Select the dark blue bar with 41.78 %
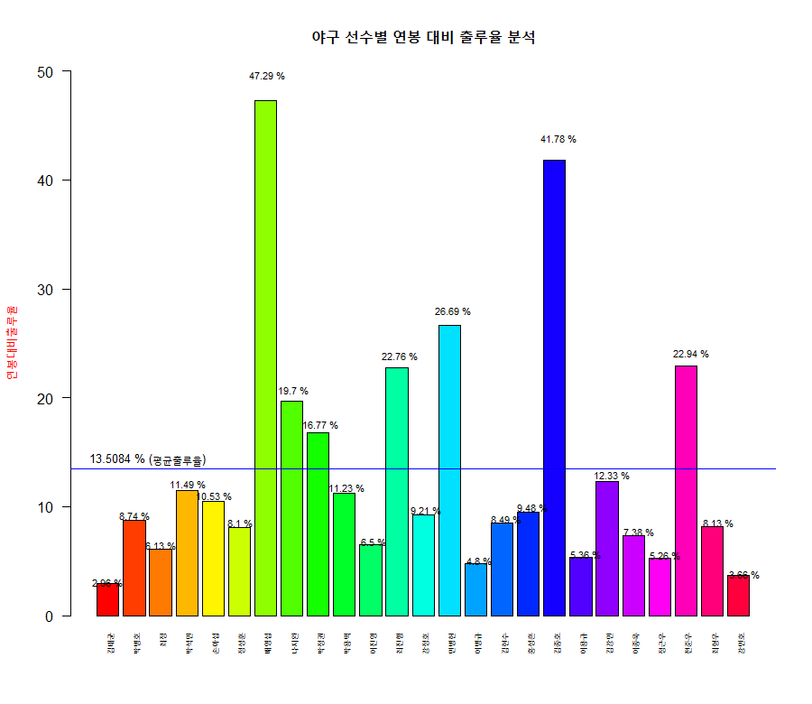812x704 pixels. pos(554,387)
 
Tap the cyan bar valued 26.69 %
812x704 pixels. pos(449,469)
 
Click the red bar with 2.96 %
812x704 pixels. pos(107,600)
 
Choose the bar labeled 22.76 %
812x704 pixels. pos(397,491)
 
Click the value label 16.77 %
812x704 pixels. pos(320,425)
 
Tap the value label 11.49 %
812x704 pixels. pos(188,485)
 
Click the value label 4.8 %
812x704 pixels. pos(478,560)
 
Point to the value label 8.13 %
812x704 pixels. pos(717,523)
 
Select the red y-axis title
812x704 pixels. pos(12,343)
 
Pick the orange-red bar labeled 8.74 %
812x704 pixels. pos(134,568)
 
